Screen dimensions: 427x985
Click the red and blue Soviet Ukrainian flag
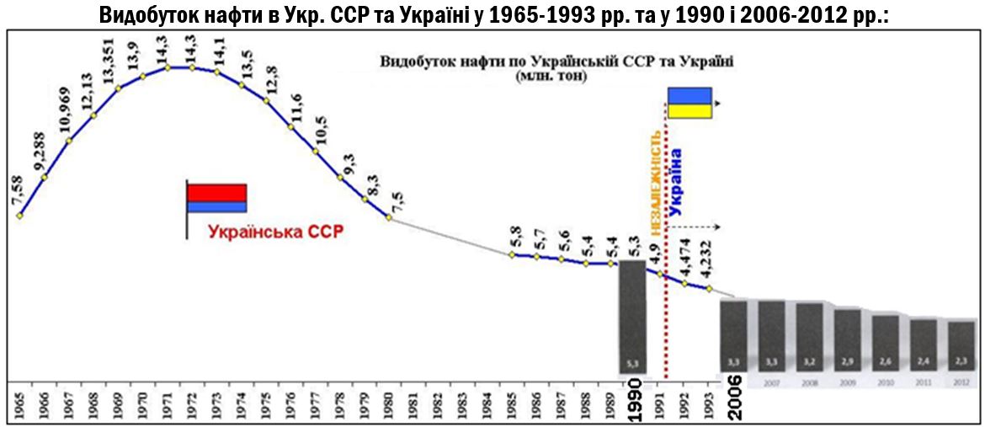point(216,199)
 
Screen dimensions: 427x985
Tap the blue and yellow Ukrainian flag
point(689,103)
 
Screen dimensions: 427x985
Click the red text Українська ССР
point(276,231)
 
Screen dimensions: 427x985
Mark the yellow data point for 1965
point(19,215)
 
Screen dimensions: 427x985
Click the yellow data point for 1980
point(389,217)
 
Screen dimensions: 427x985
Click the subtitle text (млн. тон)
point(547,76)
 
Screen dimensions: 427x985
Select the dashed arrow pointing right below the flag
point(697,227)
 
